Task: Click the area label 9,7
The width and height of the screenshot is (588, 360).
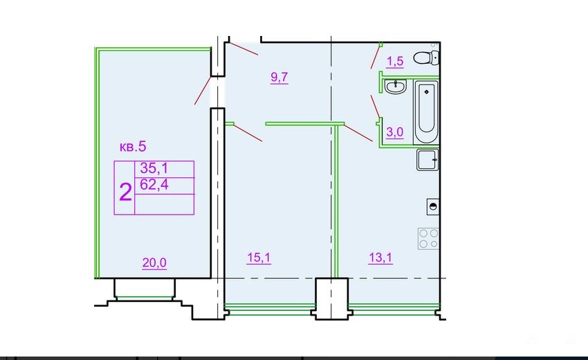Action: [x=279, y=78]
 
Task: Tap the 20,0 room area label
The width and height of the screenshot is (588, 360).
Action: [x=154, y=263]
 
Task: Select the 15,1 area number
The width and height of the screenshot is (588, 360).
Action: [x=259, y=258]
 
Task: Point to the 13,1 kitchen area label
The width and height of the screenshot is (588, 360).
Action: [x=380, y=258]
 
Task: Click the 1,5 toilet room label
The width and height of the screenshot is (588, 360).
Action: [x=395, y=61]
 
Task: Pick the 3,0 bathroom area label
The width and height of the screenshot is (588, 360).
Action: [x=395, y=132]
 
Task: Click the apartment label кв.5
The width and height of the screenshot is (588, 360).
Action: [x=133, y=146]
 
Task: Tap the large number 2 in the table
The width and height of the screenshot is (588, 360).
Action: [x=125, y=192]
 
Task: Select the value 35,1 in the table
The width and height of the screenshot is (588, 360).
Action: [x=154, y=168]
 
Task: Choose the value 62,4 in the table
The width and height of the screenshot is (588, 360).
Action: [x=154, y=185]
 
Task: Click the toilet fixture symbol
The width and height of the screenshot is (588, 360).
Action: [x=426, y=58]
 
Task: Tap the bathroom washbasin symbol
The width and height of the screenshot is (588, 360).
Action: [x=395, y=87]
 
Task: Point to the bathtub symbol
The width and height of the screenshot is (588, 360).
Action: [x=426, y=112]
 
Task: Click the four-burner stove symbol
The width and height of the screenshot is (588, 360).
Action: [x=428, y=239]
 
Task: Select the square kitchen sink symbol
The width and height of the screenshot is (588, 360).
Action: [x=428, y=160]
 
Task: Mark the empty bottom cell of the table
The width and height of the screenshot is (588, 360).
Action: [x=164, y=205]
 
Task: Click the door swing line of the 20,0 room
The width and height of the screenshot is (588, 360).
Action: [x=202, y=91]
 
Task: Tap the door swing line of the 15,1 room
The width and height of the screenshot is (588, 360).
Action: [x=248, y=133]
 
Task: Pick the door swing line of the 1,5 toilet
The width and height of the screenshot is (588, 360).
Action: [x=376, y=57]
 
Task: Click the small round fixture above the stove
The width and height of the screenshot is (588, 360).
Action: [x=433, y=206]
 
